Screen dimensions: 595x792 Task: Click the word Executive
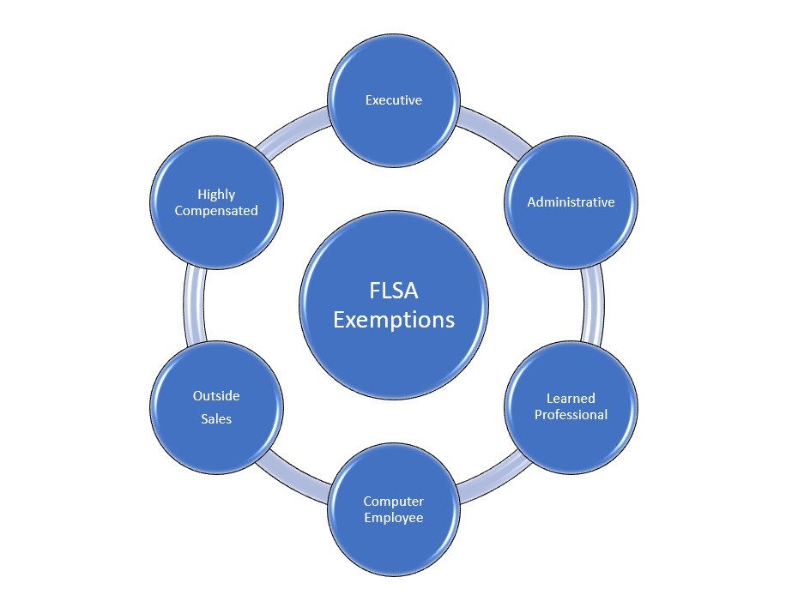pos(394,100)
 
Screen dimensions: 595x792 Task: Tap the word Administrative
pos(571,202)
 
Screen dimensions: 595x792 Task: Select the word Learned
pos(571,399)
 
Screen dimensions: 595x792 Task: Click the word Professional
pos(571,415)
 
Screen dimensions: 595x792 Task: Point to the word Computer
pos(394,502)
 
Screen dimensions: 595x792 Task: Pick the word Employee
pos(394,518)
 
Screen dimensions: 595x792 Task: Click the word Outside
pos(216,396)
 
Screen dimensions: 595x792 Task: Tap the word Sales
pos(216,419)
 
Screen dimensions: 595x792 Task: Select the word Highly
pos(216,195)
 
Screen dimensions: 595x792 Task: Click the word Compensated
pos(216,211)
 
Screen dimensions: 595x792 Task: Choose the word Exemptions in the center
pos(394,321)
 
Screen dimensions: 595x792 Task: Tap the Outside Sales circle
pos(216,437)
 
